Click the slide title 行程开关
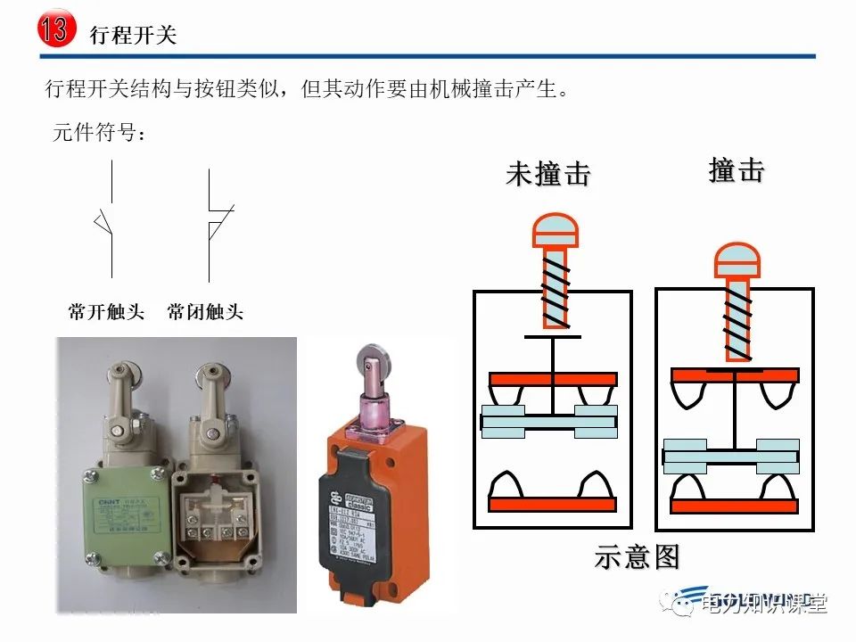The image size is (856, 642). point(134,35)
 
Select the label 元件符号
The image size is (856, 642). point(99,134)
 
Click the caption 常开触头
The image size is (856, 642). point(106,312)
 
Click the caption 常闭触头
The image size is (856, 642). point(204,312)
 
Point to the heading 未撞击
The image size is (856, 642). point(548,174)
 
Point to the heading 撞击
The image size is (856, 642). point(737,169)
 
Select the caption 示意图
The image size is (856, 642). point(637,557)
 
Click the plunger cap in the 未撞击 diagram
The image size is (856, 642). point(555,231)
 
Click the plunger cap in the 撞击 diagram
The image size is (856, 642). point(737,258)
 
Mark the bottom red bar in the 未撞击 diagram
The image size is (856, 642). point(553,504)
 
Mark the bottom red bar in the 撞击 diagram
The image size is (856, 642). point(733,506)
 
